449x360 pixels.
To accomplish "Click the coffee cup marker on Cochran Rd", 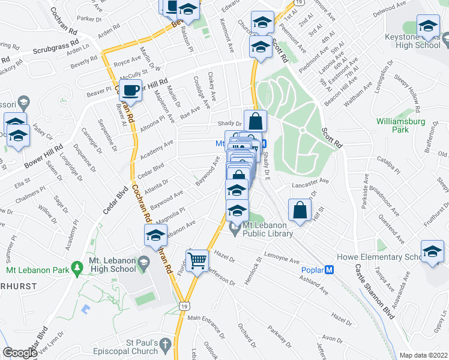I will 130,91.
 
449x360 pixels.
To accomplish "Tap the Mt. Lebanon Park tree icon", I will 76,266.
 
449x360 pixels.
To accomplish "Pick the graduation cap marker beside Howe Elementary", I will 432,252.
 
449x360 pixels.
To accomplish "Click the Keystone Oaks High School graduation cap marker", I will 428,26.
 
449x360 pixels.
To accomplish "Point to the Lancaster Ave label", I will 311,181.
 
